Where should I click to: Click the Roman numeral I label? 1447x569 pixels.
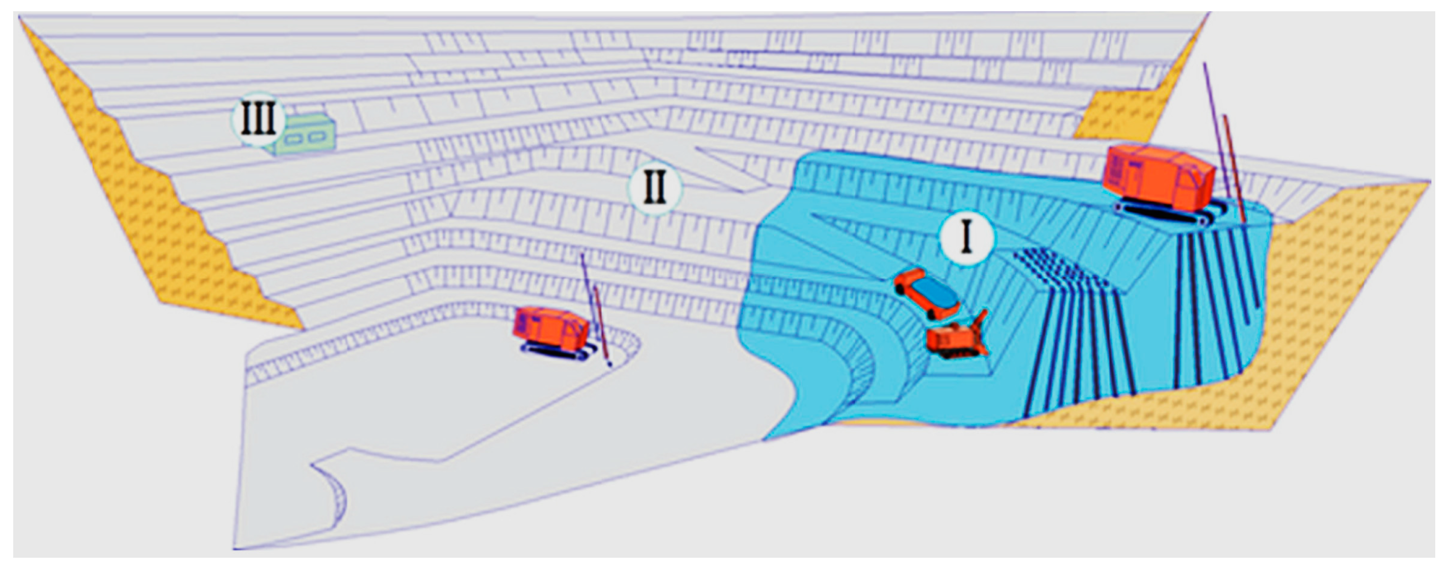pyautogui.click(x=966, y=239)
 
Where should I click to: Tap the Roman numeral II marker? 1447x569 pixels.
pyautogui.click(x=654, y=188)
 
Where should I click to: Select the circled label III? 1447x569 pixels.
pyautogui.click(x=259, y=120)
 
